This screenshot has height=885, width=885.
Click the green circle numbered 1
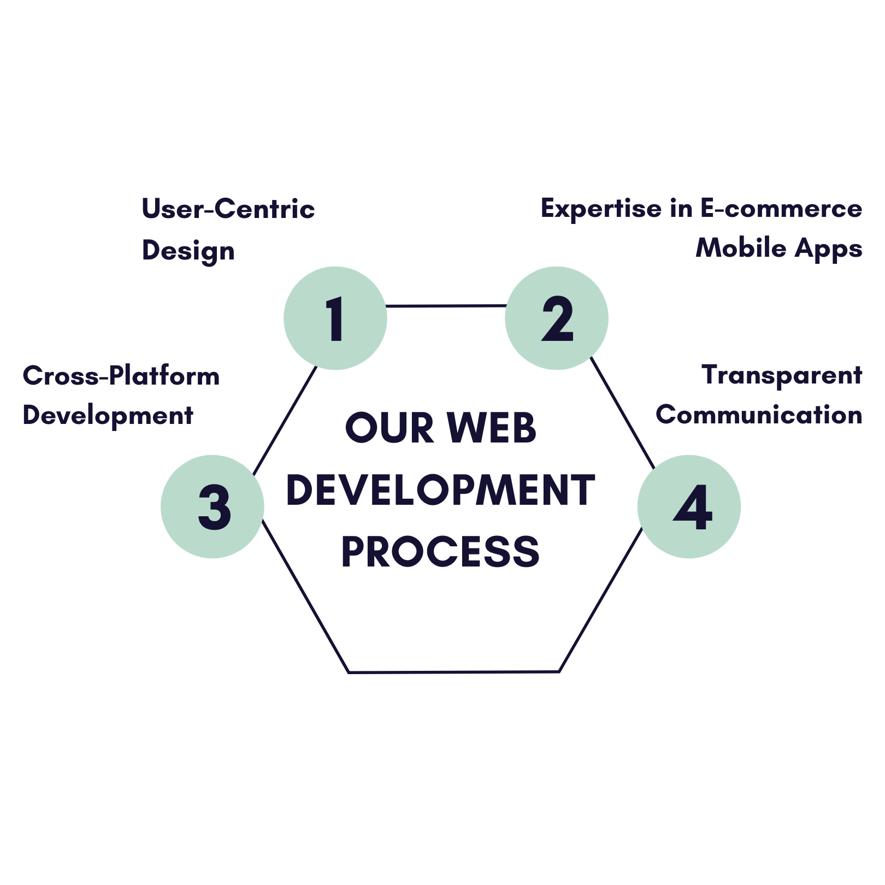(335, 318)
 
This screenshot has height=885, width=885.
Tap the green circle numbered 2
(557, 318)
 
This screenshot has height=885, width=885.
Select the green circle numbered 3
(213, 506)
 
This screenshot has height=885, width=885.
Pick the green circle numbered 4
(689, 506)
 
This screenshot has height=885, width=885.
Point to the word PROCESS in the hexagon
(440, 552)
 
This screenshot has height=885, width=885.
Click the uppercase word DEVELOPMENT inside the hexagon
(440, 490)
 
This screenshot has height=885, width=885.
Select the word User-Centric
(228, 209)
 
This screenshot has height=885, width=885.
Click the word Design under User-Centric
(188, 251)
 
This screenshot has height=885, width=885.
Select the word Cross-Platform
(121, 376)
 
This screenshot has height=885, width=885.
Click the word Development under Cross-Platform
(108, 416)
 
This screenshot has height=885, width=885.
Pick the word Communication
(759, 415)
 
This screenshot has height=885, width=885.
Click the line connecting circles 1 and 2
(446, 306)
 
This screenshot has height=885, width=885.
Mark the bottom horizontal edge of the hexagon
(453, 672)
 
